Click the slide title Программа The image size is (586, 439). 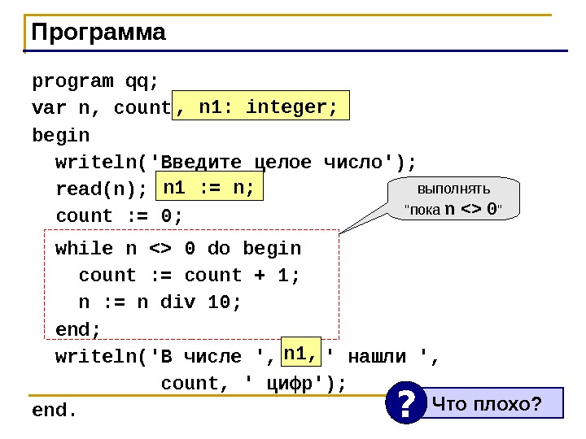pos(98,33)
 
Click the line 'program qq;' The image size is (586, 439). pos(95,81)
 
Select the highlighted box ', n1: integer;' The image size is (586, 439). pos(259,107)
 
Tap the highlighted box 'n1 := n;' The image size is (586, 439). pos(208,189)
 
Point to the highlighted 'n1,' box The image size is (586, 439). pos(300,354)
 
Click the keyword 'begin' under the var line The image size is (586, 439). pos(61,134)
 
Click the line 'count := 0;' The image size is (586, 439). pos(120,216)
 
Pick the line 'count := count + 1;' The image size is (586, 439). pos(190,276)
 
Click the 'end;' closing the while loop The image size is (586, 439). pos(78,329)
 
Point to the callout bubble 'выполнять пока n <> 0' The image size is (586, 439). pos(453,199)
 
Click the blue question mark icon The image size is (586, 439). pos(406,402)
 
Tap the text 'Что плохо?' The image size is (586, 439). pos(487,402)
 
